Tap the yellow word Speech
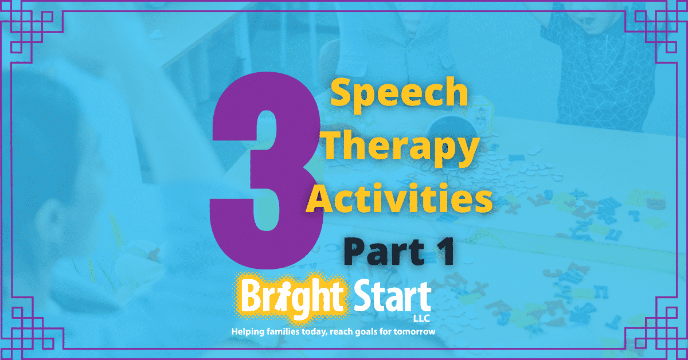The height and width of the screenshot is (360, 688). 399,93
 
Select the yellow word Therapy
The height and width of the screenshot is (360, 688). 402,147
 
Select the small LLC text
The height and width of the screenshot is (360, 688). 421,319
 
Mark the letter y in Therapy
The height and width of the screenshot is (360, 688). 467,152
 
